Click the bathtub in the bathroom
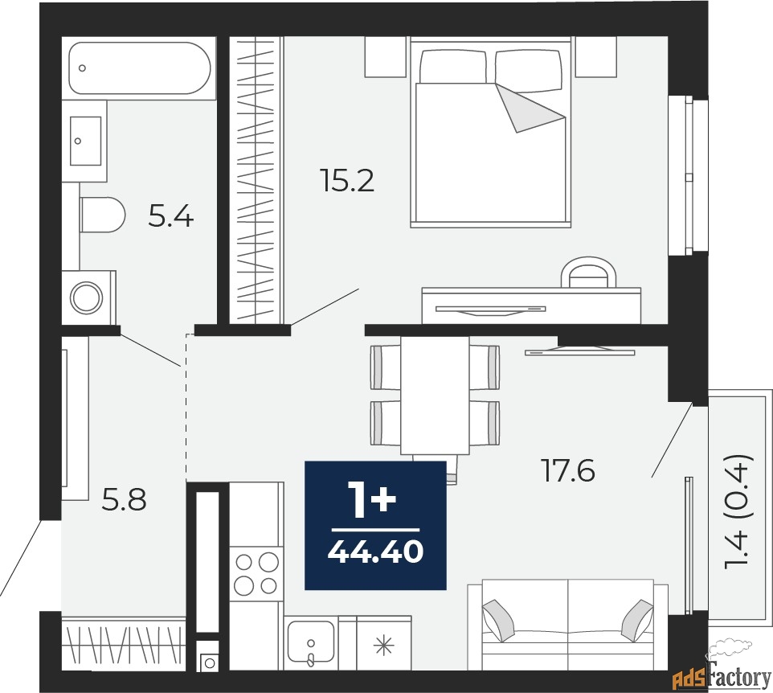point(141,69)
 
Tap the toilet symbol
point(103,215)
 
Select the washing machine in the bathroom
point(87,297)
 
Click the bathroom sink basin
point(86,140)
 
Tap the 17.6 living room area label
point(567,470)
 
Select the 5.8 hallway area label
point(124,500)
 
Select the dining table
point(435,394)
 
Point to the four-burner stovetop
point(256,573)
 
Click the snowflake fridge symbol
point(385,643)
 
